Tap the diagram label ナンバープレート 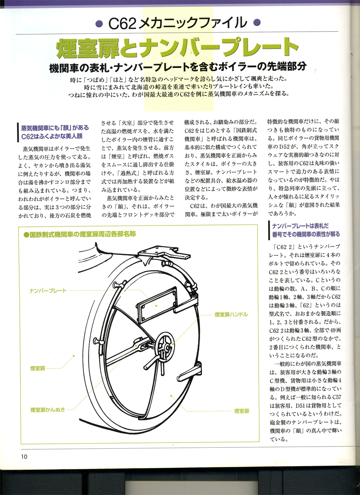pyautogui.click(x=48, y=291)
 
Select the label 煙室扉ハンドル pyautogui.click(x=231, y=315)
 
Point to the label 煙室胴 pyautogui.click(x=38, y=368)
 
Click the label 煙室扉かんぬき pyautogui.click(x=48, y=410)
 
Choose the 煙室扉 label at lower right pyautogui.click(x=242, y=411)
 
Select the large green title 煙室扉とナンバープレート pyautogui.click(x=177, y=48)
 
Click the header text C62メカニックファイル pyautogui.click(x=177, y=23)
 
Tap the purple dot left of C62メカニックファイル pyautogui.click(x=100, y=23)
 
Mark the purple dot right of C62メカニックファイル pyautogui.click(x=256, y=23)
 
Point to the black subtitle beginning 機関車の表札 pyautogui.click(x=178, y=67)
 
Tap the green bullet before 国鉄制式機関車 pyautogui.click(x=26, y=234)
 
